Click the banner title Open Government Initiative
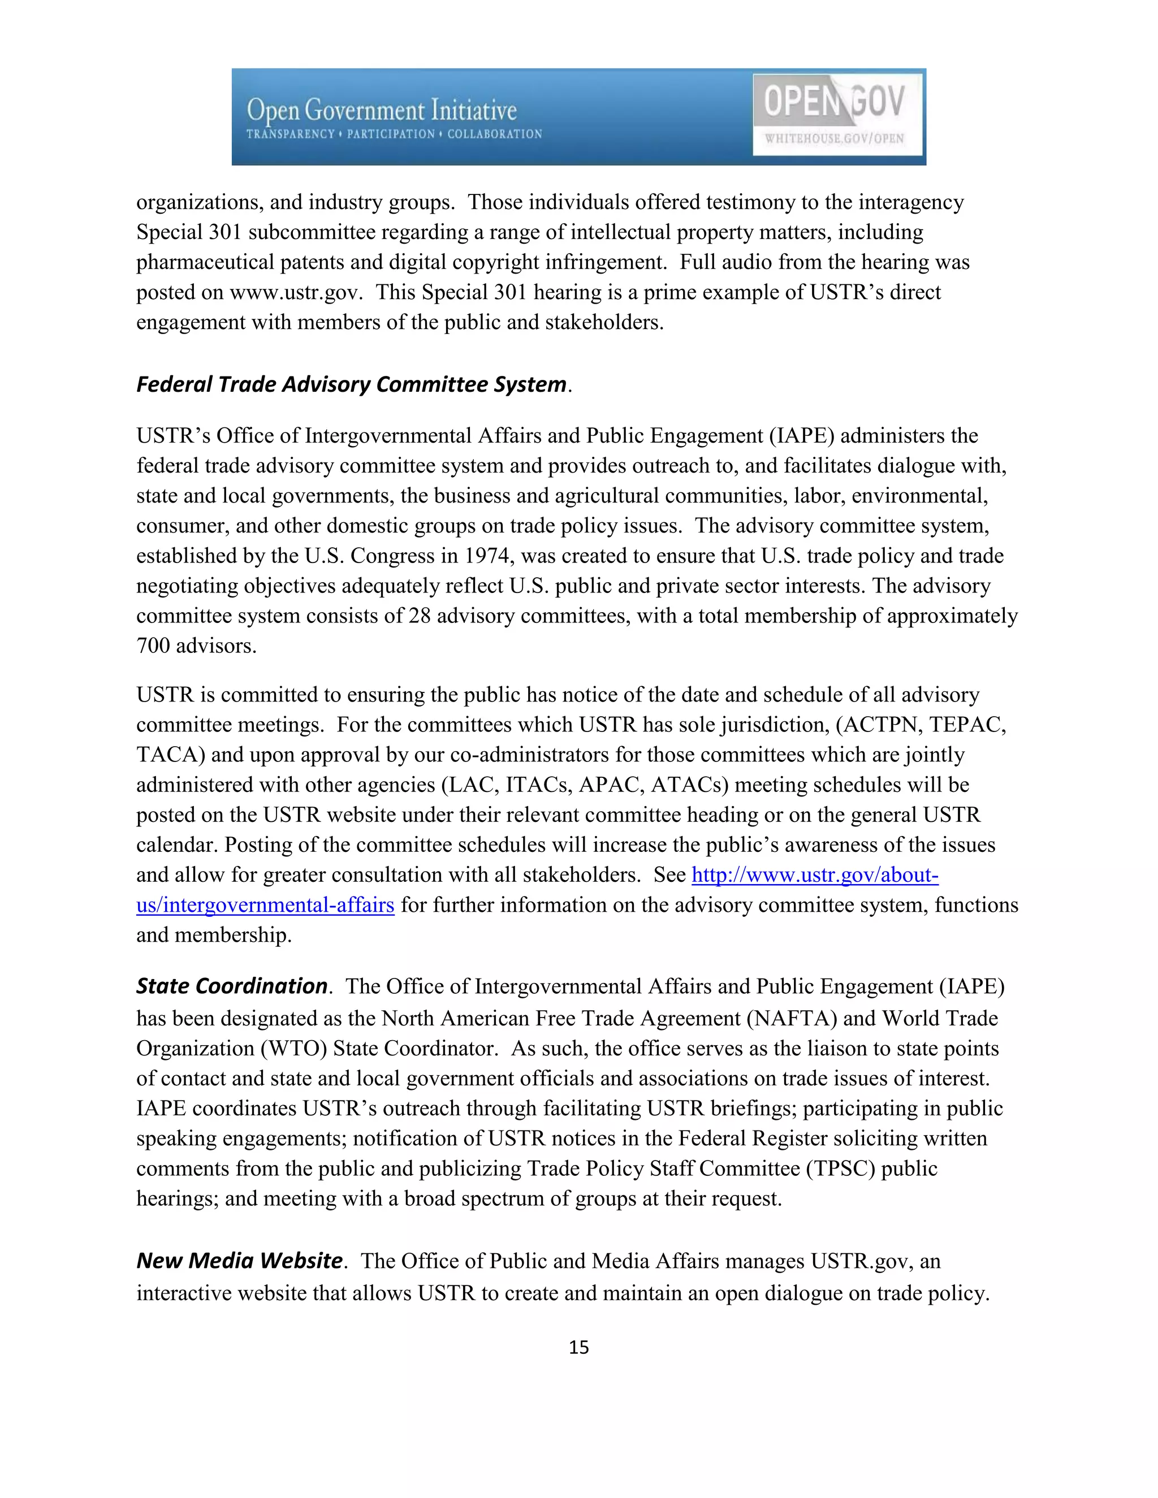[x=382, y=110]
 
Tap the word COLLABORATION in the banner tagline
[x=495, y=135]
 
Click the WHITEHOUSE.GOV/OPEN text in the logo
[x=834, y=138]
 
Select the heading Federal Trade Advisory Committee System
[x=351, y=384]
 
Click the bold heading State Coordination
[x=232, y=986]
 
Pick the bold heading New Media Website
[x=239, y=1260]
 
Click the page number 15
[x=578, y=1347]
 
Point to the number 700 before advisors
[x=153, y=646]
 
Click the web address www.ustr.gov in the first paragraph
[x=295, y=292]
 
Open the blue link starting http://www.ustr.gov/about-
[x=814, y=875]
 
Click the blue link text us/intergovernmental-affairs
[x=265, y=906]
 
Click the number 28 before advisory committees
[x=419, y=616]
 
